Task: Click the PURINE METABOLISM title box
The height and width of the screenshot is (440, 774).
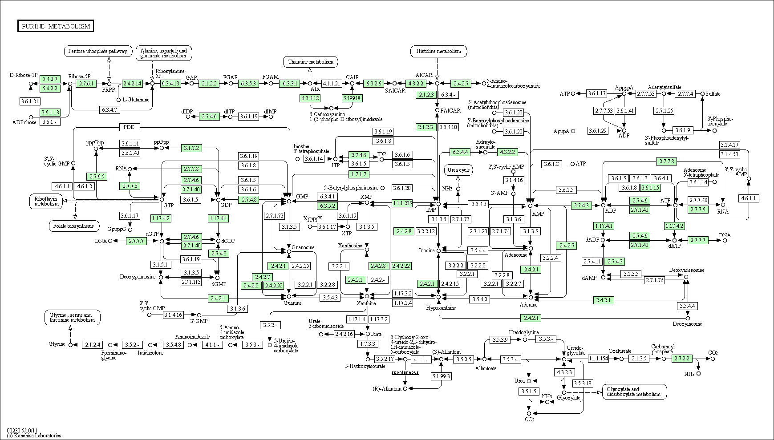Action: [56, 26]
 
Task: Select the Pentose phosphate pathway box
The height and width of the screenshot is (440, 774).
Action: [98, 51]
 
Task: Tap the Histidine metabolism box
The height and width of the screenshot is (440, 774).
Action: [439, 51]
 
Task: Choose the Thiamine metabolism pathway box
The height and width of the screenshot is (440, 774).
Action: [310, 62]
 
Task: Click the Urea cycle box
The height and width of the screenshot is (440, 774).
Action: [459, 170]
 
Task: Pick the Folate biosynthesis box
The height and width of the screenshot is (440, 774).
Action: [73, 226]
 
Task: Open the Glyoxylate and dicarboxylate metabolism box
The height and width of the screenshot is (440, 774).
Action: [634, 392]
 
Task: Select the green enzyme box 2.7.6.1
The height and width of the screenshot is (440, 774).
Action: [86, 84]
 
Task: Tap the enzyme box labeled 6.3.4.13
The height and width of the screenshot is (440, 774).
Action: [171, 84]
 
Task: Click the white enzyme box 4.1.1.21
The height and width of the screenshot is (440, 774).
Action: [332, 84]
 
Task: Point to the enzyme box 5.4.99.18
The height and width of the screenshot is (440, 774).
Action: [352, 98]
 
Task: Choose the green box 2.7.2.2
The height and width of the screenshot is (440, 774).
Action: [682, 359]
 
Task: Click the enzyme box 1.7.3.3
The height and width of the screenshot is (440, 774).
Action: [368, 344]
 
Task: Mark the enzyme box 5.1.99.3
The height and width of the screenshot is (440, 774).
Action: [441, 376]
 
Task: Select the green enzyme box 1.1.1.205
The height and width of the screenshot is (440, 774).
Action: [402, 203]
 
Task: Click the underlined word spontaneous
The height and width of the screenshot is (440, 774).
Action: [405, 372]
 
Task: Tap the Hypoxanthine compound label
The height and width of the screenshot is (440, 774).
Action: [441, 307]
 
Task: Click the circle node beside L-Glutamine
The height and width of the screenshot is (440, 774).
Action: [118, 100]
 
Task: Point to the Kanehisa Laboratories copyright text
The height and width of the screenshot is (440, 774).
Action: [34, 436]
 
